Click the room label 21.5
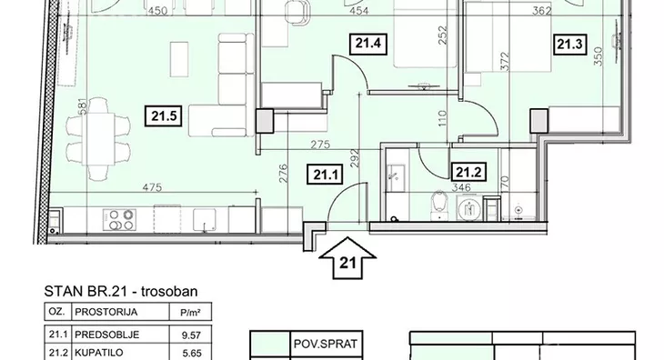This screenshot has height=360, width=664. pyautogui.click(x=164, y=116)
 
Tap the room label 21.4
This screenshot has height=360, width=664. pyautogui.click(x=368, y=44)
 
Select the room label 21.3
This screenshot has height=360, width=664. pyautogui.click(x=569, y=45)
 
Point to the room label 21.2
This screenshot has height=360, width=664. pyautogui.click(x=468, y=172)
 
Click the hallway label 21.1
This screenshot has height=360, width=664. pyautogui.click(x=326, y=175)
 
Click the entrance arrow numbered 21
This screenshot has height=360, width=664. pyautogui.click(x=347, y=258)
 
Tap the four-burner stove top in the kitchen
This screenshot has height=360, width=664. pyautogui.click(x=119, y=220)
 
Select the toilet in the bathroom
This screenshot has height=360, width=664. pyautogui.click(x=439, y=205)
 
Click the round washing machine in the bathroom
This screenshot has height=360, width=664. pyautogui.click(x=469, y=208)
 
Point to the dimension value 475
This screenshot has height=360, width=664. pyautogui.click(x=152, y=187)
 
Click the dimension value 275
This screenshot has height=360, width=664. pyautogui.click(x=320, y=145)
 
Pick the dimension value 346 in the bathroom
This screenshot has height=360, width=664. pyautogui.click(x=461, y=187)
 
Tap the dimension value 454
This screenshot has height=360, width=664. pyautogui.click(x=358, y=11)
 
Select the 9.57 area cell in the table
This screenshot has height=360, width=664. pyautogui.click(x=191, y=335)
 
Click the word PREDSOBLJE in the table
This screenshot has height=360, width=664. pyautogui.click(x=106, y=335)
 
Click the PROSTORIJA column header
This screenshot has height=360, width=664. pyautogui.click(x=106, y=312)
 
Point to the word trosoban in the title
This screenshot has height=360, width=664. pyautogui.click(x=169, y=292)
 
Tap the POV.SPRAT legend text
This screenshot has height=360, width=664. pyautogui.click(x=326, y=344)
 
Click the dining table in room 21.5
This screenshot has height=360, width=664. pyautogui.click(x=98, y=140)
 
